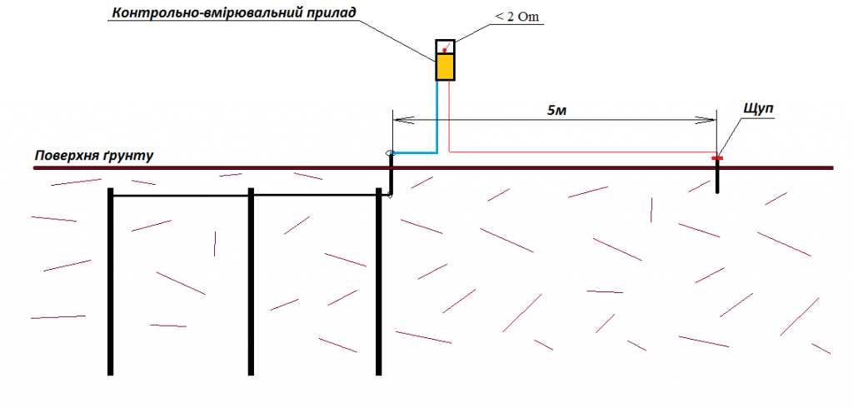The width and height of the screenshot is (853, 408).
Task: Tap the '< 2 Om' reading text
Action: pos(513,18)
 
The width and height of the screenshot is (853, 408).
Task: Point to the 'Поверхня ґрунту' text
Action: pos(93,156)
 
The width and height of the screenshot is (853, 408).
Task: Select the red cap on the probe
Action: pos(716,157)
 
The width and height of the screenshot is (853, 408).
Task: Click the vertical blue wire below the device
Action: pos(435,117)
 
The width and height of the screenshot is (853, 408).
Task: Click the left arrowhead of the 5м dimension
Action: pos(398,120)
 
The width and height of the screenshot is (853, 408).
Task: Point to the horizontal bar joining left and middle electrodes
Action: pos(180,196)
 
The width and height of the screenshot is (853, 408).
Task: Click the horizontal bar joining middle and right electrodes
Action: pos(315,194)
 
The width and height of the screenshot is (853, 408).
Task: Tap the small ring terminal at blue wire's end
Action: pos(390,153)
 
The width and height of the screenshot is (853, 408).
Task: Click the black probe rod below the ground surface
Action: pos(717,179)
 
